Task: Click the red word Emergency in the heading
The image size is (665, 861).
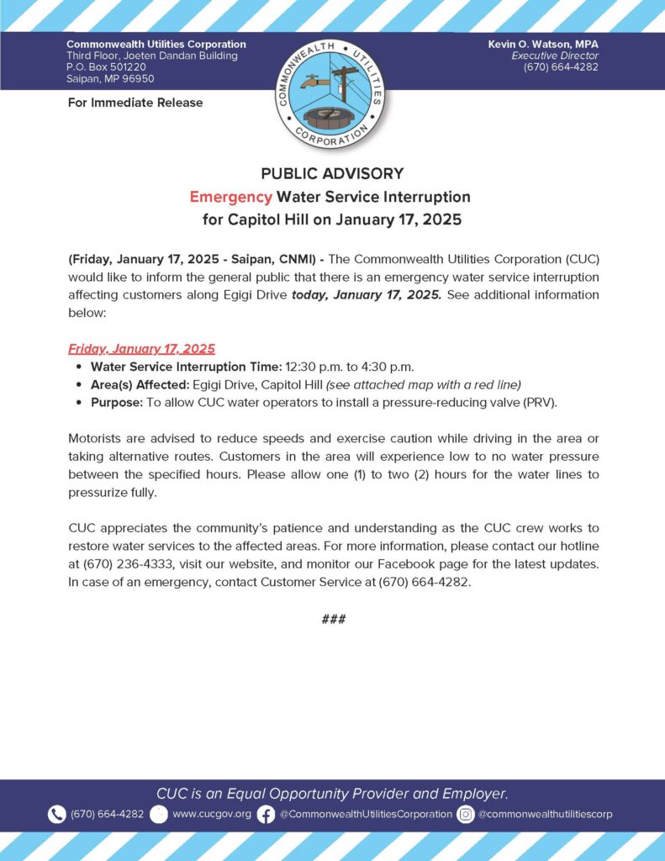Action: pos(230,197)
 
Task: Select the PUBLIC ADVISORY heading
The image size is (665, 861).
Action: pos(332,174)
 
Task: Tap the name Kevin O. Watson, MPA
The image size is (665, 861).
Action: pos(543,44)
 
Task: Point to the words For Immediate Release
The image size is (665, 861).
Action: pos(135,103)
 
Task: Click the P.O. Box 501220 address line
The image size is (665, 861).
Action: pos(106,67)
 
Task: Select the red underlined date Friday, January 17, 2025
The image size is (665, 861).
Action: pos(141,349)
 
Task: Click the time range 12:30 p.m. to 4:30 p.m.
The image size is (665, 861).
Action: pos(350,367)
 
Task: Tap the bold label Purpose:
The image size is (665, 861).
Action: pos(117,402)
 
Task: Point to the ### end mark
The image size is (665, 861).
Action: pos(333,620)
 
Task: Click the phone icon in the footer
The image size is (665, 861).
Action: pos(57,814)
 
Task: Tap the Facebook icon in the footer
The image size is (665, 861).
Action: pos(266,814)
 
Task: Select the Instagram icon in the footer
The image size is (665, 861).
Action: pos(466,814)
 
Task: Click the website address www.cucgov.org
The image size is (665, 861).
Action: pos(211,814)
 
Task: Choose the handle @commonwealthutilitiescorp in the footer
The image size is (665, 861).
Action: pos(546,814)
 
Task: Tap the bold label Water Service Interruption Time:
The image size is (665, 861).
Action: pos(186,367)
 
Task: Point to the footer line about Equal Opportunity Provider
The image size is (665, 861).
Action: pos(332,793)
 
